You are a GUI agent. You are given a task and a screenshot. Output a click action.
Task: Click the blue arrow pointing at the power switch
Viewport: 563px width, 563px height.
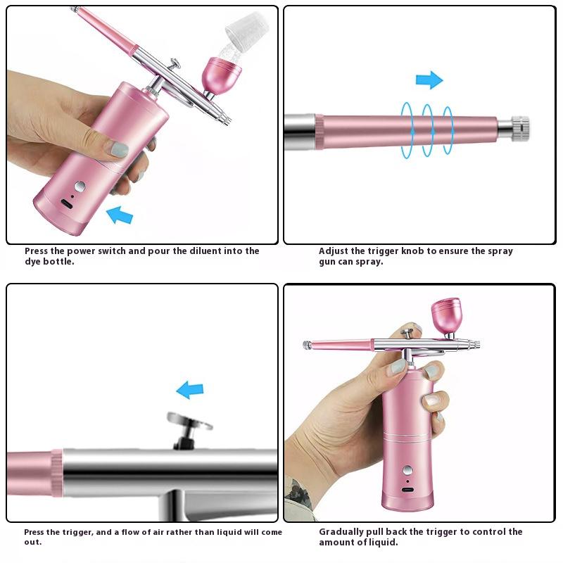pyautogui.click(x=120, y=213)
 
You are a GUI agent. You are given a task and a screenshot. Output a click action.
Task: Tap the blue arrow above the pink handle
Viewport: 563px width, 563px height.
pyautogui.click(x=429, y=80)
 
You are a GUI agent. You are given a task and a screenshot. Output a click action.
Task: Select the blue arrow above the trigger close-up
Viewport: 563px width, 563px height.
pyautogui.click(x=189, y=389)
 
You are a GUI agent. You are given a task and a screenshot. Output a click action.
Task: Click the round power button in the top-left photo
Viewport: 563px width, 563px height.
pyautogui.click(x=80, y=186)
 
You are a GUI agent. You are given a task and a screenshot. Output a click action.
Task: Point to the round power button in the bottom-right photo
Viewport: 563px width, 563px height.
pyautogui.click(x=407, y=472)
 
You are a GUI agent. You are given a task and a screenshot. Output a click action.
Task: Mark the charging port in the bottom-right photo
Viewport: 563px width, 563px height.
pyautogui.click(x=407, y=490)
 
